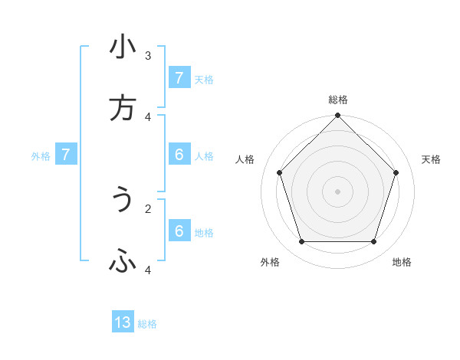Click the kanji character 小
pos(123,47)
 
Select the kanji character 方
pos(123,109)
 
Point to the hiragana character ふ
pos(123,262)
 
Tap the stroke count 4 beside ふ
pos(147,270)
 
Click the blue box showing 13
pos(123,322)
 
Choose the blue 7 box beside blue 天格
pos(179,78)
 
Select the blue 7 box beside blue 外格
pos(66,155)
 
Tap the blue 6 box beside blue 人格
pos(179,155)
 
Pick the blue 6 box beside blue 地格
pos(179,231)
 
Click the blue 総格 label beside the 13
pos(147,324)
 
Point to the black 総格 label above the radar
pos(338,100)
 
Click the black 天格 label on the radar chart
pos(431,159)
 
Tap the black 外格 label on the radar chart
pos(270,262)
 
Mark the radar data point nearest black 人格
pos(280,172)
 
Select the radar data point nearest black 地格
pos(373,241)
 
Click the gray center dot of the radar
pos(338,191)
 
